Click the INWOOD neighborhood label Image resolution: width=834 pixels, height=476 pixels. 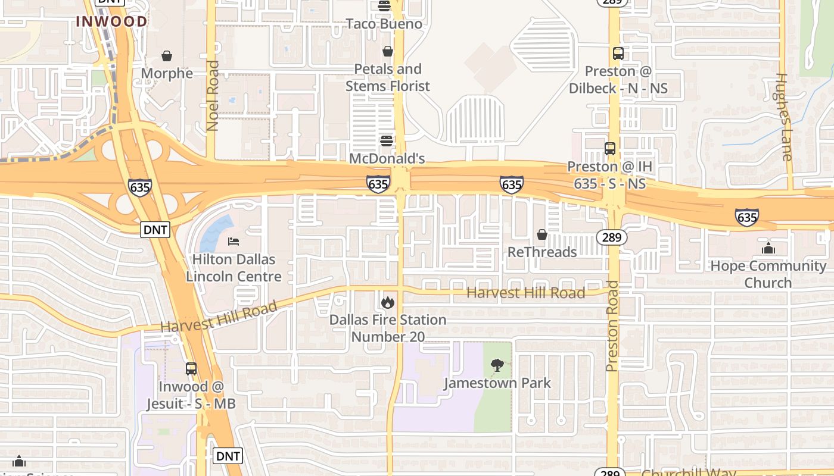111,22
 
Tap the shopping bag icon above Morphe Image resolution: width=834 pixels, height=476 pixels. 167,56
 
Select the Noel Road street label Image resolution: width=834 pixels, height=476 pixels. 213,95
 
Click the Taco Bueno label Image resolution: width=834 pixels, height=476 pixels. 384,24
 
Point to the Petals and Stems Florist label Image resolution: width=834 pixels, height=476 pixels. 388,77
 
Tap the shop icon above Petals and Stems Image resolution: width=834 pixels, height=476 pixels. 388,52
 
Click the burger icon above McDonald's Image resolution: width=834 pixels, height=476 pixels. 387,141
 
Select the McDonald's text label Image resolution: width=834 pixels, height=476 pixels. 387,158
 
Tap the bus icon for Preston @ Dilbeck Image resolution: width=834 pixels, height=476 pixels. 618,54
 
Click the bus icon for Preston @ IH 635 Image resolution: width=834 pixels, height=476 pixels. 610,149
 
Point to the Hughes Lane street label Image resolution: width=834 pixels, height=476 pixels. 785,117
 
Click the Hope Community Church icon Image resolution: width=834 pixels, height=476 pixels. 768,248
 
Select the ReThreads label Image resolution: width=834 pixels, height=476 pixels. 542,252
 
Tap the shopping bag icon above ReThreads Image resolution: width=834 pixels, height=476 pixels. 542,235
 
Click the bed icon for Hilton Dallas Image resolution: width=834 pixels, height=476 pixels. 234,242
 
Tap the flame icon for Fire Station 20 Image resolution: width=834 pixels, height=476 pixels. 388,302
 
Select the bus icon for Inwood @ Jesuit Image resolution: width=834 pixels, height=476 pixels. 191,369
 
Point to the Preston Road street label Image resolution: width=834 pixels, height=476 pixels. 612,326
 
